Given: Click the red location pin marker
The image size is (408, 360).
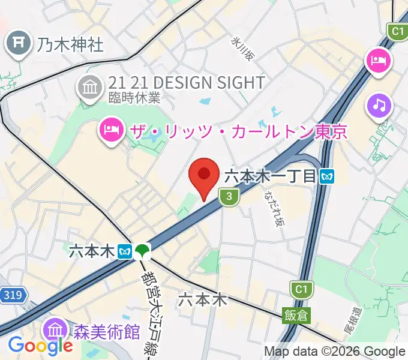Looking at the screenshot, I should pyautogui.click(x=203, y=176).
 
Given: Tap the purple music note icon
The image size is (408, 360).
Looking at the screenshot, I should pyautogui.click(x=379, y=106).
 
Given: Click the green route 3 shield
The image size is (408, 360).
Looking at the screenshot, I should pyautogui.click(x=227, y=196).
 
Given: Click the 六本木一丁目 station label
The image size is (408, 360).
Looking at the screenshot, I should pyautogui.click(x=270, y=176).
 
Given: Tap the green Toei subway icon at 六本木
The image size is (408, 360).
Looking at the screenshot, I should pyautogui.click(x=142, y=251).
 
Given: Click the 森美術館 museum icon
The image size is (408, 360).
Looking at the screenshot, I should pyautogui.click(x=55, y=330).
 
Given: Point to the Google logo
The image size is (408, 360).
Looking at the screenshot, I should pyautogui.click(x=40, y=346).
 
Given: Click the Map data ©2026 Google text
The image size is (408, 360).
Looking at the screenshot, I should pyautogui.click(x=334, y=352).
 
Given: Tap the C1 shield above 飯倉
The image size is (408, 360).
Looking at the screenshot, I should pyautogui.click(x=299, y=290).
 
